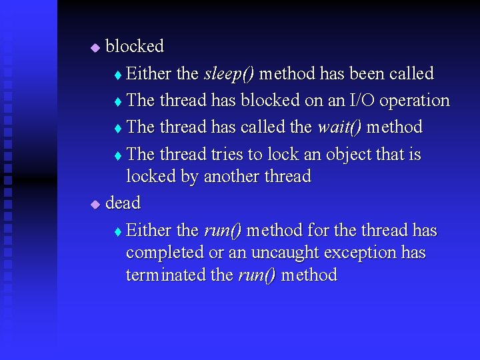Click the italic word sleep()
pos(228,74)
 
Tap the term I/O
pos(361,101)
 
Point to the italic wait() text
pos(340,127)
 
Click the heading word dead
pos(123,203)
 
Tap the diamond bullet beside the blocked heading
pos(95,47)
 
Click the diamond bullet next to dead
pos(95,203)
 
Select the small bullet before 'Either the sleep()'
pos(117,75)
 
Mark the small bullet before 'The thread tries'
pos(117,155)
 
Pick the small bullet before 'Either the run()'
pos(117,231)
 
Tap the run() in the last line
pos(257,275)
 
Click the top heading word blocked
pos(135,47)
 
